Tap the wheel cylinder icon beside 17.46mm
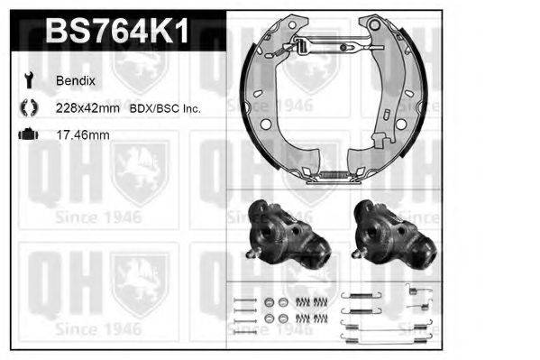(27, 135)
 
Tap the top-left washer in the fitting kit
(269, 301)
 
